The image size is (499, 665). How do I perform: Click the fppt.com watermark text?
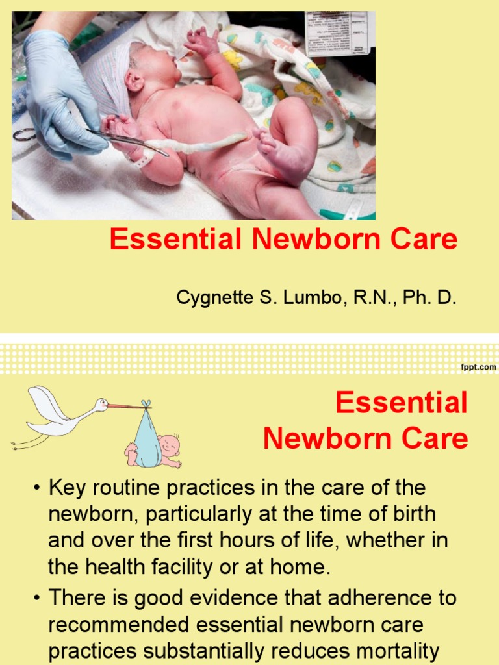click(x=478, y=367)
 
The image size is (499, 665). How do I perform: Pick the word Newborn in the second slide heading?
click(x=324, y=439)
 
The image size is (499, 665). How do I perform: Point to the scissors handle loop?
click(x=25, y=134)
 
